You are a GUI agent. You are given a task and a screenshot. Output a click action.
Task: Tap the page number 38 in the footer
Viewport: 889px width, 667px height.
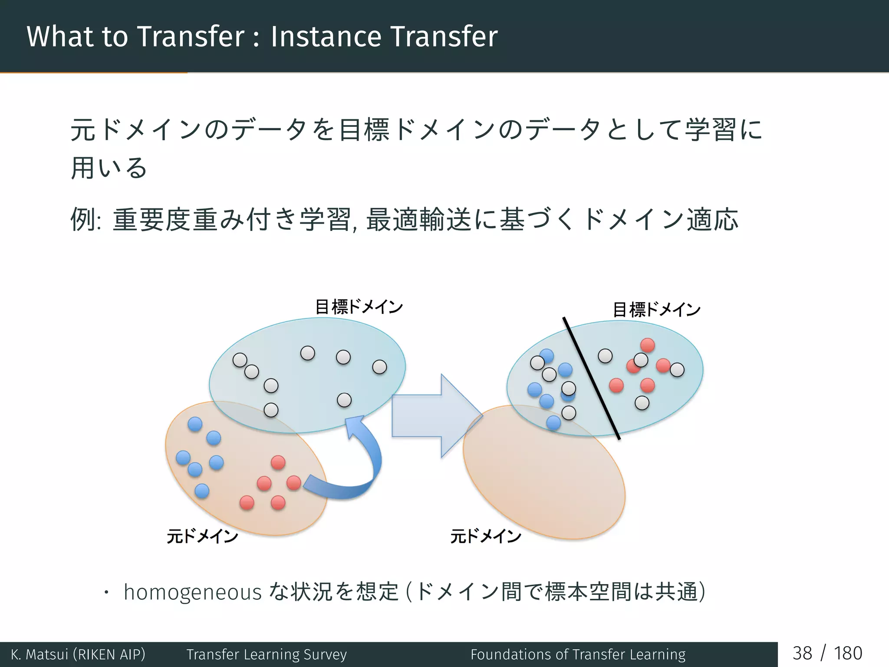pyautogui.click(x=802, y=653)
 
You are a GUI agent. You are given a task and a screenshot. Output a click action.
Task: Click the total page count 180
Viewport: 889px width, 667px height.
pyautogui.click(x=847, y=653)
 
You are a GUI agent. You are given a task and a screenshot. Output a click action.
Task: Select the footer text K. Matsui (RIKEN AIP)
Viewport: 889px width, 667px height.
pyautogui.click(x=78, y=654)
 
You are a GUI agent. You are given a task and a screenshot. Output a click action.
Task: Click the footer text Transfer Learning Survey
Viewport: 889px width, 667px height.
pyautogui.click(x=267, y=654)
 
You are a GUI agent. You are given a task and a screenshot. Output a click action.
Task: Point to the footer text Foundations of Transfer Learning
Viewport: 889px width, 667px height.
pyautogui.click(x=578, y=654)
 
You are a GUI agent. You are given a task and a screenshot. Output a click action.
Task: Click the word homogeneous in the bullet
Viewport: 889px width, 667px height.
pyautogui.click(x=192, y=592)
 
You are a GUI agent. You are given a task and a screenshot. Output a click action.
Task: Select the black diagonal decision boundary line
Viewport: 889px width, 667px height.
pyautogui.click(x=591, y=378)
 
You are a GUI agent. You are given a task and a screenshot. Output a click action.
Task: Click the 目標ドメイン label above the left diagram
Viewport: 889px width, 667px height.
pyautogui.click(x=359, y=307)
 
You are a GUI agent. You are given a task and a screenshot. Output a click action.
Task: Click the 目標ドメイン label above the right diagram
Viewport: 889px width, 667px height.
pyautogui.click(x=656, y=310)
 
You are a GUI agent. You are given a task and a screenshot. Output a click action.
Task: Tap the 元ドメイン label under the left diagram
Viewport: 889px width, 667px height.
pyautogui.click(x=202, y=536)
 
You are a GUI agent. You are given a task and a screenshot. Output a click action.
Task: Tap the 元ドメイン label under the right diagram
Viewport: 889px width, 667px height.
pyautogui.click(x=485, y=536)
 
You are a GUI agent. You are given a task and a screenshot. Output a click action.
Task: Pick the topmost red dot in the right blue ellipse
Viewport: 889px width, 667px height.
pyautogui.click(x=647, y=345)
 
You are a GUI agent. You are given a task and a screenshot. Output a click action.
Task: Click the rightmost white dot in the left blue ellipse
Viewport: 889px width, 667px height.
pyautogui.click(x=379, y=367)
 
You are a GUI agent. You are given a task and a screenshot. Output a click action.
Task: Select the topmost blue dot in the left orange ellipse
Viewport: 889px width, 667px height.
pyautogui.click(x=195, y=424)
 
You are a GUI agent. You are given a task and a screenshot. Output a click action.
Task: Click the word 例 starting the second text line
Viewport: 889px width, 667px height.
pyautogui.click(x=83, y=219)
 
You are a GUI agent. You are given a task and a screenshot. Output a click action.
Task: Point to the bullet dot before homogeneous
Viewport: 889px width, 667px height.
pyautogui.click(x=105, y=593)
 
